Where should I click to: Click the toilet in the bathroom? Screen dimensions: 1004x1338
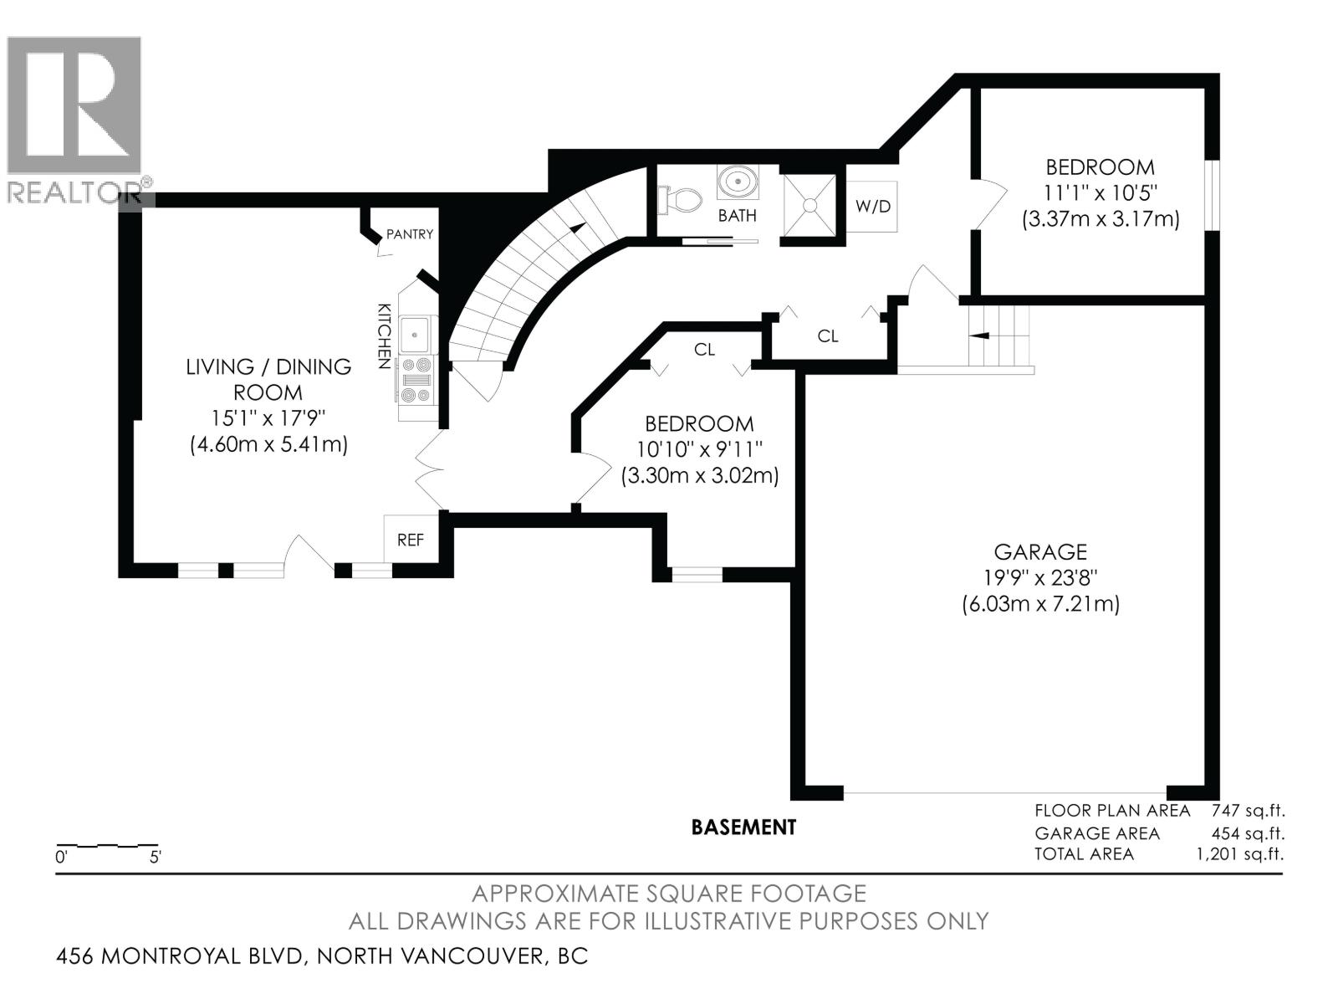[x=682, y=199]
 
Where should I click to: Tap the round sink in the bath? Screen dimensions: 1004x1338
[x=738, y=182]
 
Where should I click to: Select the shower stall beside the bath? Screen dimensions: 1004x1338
[x=809, y=205]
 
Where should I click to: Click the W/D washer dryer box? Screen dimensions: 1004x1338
[x=872, y=206]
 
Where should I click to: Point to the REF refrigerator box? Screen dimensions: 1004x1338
[x=410, y=540]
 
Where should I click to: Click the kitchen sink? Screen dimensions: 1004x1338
[x=415, y=335]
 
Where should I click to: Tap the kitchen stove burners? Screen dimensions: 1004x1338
[x=417, y=380]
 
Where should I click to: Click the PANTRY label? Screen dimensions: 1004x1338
[x=409, y=234]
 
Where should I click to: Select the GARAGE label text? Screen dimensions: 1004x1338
[x=1039, y=552]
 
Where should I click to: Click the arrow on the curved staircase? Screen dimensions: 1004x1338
[x=576, y=226]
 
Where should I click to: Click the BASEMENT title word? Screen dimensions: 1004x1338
[x=743, y=827]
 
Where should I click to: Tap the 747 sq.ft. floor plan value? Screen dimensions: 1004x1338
[x=1247, y=810]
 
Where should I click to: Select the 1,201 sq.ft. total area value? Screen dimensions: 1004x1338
[x=1240, y=854]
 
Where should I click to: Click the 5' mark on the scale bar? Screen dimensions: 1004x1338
[x=156, y=857]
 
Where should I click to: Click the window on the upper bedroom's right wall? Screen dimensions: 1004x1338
[x=1212, y=194]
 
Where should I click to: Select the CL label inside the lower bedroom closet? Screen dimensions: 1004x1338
[x=704, y=350]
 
